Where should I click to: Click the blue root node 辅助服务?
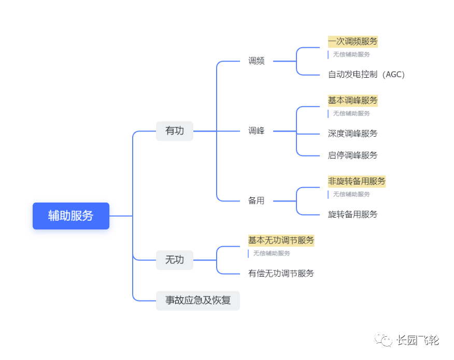coord(71,216)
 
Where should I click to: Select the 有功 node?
coord(174,131)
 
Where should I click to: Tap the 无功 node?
coord(174,260)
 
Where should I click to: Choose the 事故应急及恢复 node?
coord(198,300)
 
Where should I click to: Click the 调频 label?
coord(256,61)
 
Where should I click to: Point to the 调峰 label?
coord(256,131)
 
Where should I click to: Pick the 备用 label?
coord(256,201)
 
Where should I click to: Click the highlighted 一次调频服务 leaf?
coord(352,41)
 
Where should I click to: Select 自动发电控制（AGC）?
coord(366,75)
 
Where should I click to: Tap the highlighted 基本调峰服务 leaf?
coord(352,100)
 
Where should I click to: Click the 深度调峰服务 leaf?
coord(352,134)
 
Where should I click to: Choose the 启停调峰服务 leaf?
coord(352,155)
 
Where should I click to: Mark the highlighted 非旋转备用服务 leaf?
coord(357,181)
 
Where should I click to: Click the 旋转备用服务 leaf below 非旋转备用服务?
coord(352,214)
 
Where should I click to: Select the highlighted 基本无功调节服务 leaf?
coord(281,240)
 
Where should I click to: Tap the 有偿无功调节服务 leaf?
coord(281,273)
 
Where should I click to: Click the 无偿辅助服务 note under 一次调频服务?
coord(351,54)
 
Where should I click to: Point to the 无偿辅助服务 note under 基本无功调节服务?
coord(272,253)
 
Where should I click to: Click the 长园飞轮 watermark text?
coord(418,340)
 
